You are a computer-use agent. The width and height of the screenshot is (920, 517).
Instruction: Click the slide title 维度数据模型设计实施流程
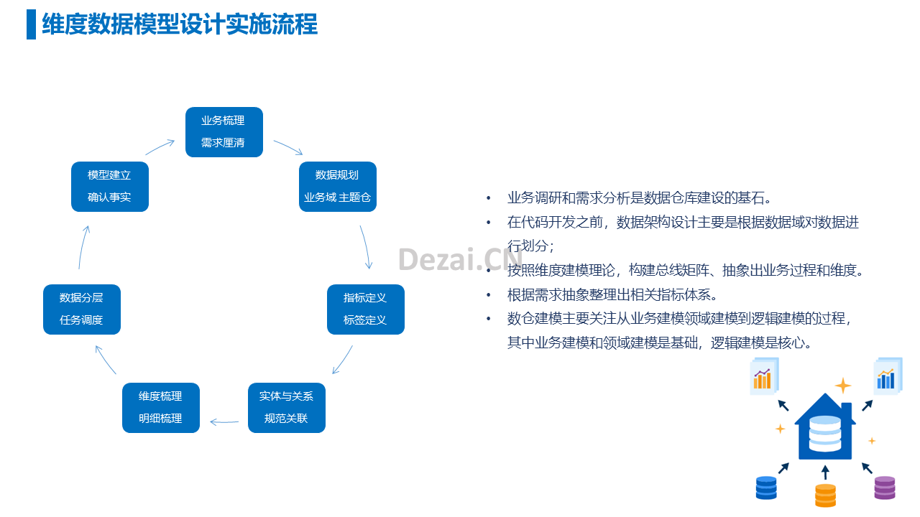pyautogui.click(x=180, y=24)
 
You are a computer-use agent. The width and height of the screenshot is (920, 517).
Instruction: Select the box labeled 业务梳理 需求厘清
pyautogui.click(x=224, y=132)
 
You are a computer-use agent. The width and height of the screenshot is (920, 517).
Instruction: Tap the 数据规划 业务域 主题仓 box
pyautogui.click(x=338, y=187)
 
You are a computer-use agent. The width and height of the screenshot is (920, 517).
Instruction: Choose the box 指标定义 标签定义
pyautogui.click(x=366, y=309)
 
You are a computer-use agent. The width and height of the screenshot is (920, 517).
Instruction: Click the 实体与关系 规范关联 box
pyautogui.click(x=287, y=408)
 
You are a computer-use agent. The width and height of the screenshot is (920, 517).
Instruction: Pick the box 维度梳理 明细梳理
pyautogui.click(x=160, y=408)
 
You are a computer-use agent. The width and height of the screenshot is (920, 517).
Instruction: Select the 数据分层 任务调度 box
pyautogui.click(x=82, y=309)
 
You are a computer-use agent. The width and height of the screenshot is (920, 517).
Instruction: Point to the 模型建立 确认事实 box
pyautogui.click(x=110, y=187)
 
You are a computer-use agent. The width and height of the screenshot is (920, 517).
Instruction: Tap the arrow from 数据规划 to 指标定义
pyautogui.click(x=367, y=246)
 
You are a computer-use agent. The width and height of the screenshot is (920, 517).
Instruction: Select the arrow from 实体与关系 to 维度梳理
pyautogui.click(x=224, y=421)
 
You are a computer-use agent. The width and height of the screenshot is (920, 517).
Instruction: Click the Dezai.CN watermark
pyautogui.click(x=460, y=259)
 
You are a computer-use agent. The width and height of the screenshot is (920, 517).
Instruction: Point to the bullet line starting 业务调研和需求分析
pyautogui.click(x=639, y=198)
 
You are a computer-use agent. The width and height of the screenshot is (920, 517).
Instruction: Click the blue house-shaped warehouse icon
pyautogui.click(x=824, y=427)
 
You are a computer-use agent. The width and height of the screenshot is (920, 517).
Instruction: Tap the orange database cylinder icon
pyautogui.click(x=826, y=495)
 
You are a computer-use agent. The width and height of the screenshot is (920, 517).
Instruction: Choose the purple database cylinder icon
pyautogui.click(x=885, y=488)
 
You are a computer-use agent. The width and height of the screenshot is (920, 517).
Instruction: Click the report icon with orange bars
pyautogui.click(x=764, y=376)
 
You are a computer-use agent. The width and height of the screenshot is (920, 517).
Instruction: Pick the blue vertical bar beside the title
pyautogui.click(x=31, y=24)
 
